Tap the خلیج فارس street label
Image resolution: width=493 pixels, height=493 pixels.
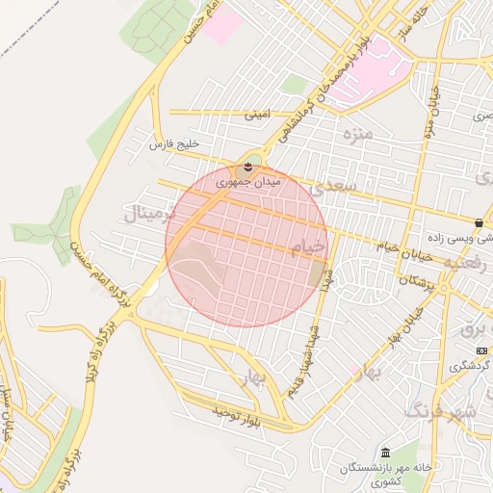pyautogui.click(x=173, y=144)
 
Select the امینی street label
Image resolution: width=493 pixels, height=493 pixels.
pyautogui.click(x=257, y=115)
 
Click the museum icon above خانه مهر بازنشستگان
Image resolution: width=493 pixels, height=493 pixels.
pyautogui.click(x=385, y=454)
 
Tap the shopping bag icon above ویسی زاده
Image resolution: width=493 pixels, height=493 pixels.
pyautogui.click(x=479, y=222)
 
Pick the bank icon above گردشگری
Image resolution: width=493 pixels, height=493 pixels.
pyautogui.click(x=481, y=350)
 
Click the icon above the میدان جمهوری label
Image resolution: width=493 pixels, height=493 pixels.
pyautogui.click(x=249, y=167)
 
